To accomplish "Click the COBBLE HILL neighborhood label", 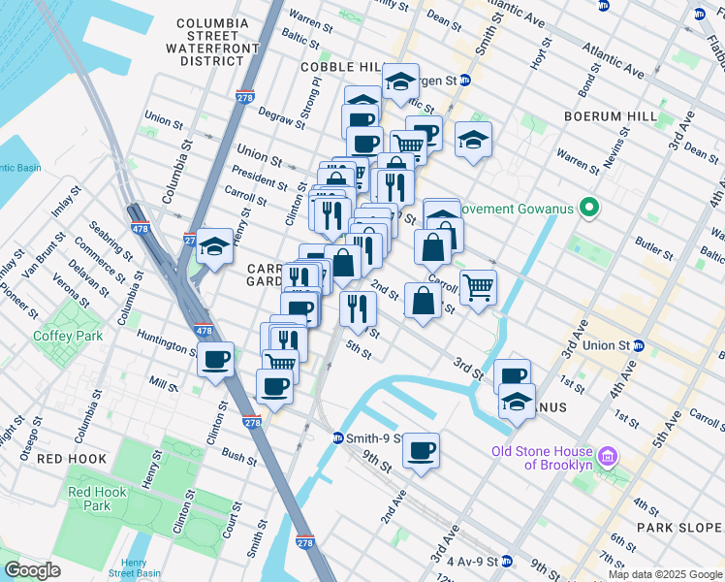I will [x=343, y=66].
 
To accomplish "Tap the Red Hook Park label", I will [x=97, y=499].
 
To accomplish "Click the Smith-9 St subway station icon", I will [x=338, y=437].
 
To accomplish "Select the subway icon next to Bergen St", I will [x=464, y=81].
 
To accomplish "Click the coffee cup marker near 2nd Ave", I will [x=421, y=451].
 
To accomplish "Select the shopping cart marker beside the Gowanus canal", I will [x=478, y=287].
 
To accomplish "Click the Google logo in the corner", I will [x=33, y=570].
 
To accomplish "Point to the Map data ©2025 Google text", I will [x=664, y=574].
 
